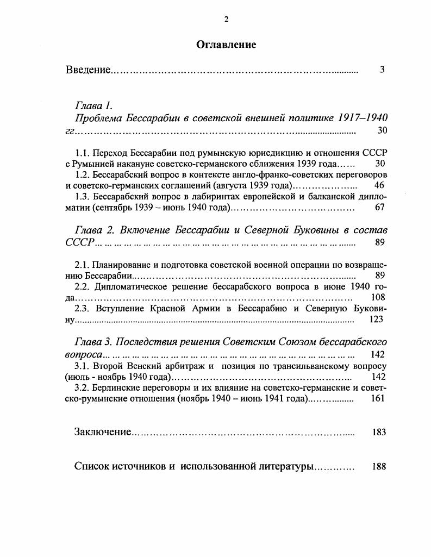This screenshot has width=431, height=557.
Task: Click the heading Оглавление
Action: tap(226, 45)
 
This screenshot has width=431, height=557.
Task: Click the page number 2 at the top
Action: tap(227, 20)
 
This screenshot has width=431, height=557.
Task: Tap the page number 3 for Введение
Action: tap(383, 70)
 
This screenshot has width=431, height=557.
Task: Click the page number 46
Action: tap(379, 185)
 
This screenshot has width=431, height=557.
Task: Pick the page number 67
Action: tap(379, 208)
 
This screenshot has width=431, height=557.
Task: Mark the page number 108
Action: tap(377, 297)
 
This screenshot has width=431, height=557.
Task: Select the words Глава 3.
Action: tap(93, 342)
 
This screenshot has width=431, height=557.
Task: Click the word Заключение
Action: tap(103, 432)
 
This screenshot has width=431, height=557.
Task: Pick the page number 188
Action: tap(379, 466)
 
